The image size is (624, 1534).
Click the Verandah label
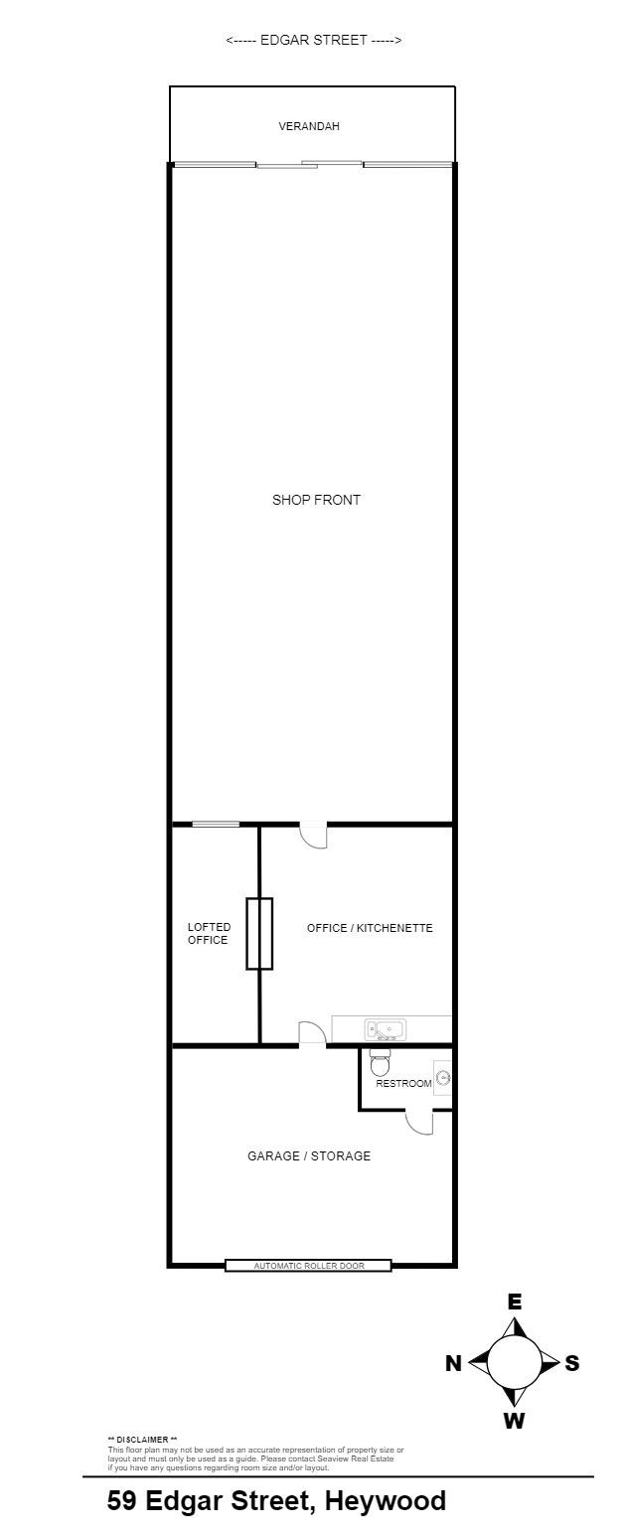309,126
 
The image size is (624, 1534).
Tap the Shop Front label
316,500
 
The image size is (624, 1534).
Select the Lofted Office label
209,933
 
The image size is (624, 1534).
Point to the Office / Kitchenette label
370,928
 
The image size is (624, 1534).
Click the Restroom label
403,1083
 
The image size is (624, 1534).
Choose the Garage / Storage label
309,1156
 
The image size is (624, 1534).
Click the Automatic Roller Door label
309,1266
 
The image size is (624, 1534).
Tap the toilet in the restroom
380,1063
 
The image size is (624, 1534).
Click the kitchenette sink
386,1029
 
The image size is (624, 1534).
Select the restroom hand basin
443,1078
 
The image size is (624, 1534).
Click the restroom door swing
419,1122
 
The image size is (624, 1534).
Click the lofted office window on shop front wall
215,824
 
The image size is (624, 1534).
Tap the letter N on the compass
453,1363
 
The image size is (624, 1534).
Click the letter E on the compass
515,1302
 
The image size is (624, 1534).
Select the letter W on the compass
515,1421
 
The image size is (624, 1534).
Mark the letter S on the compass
572,1363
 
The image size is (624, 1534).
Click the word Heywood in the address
386,1502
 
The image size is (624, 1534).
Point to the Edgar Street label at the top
314,40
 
